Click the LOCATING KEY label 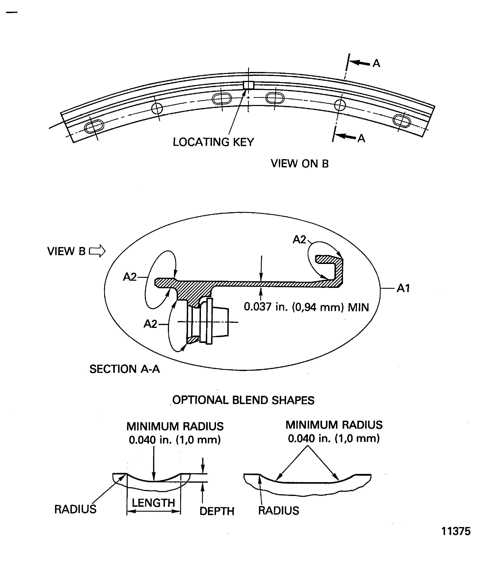coord(213,142)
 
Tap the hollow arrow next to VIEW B coord(97,251)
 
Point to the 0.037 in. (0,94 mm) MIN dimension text coord(306,307)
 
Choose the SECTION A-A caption coord(125,369)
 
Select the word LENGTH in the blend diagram coord(153,503)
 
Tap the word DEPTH coord(217,511)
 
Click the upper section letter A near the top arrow coord(376,63)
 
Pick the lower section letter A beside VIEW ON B coord(361,138)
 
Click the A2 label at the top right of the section coord(299,239)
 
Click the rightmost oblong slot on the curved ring coord(402,121)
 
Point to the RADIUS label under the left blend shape coord(75,509)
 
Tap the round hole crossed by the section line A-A coord(340,105)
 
